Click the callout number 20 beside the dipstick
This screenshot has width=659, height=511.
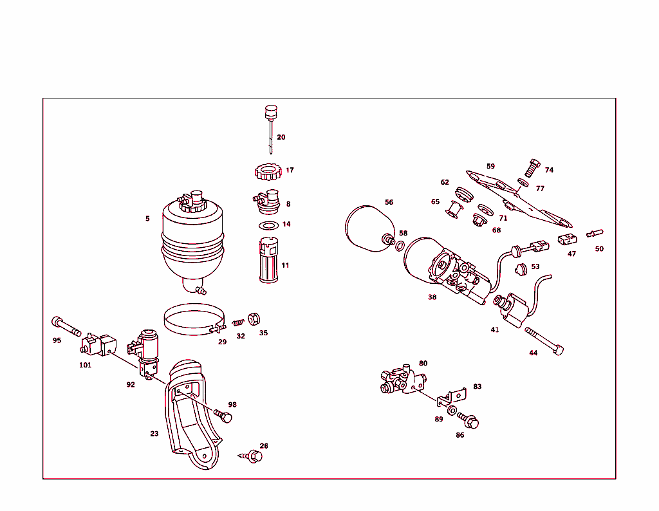[x=281, y=137]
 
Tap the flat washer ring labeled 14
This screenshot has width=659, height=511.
[x=268, y=225]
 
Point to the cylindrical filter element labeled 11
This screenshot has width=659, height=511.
[x=268, y=261]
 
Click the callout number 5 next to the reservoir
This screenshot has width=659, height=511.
[x=147, y=219]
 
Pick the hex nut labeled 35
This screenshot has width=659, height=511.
[x=254, y=319]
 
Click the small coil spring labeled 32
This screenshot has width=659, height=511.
[x=239, y=322]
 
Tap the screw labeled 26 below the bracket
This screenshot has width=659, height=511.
[x=253, y=456]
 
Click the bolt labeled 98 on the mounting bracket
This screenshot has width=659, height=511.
[x=223, y=416]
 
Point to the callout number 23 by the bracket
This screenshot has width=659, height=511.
[x=154, y=434]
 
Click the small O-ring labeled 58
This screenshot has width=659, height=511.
[x=400, y=246]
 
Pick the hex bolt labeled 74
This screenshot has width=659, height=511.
[x=532, y=167]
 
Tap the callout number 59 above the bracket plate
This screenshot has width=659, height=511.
[x=491, y=166]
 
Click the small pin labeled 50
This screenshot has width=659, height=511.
[x=595, y=233]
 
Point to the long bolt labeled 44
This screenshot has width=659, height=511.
[x=544, y=340]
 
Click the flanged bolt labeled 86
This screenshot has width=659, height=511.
[x=469, y=422]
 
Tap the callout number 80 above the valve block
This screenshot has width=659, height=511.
[x=423, y=363]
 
